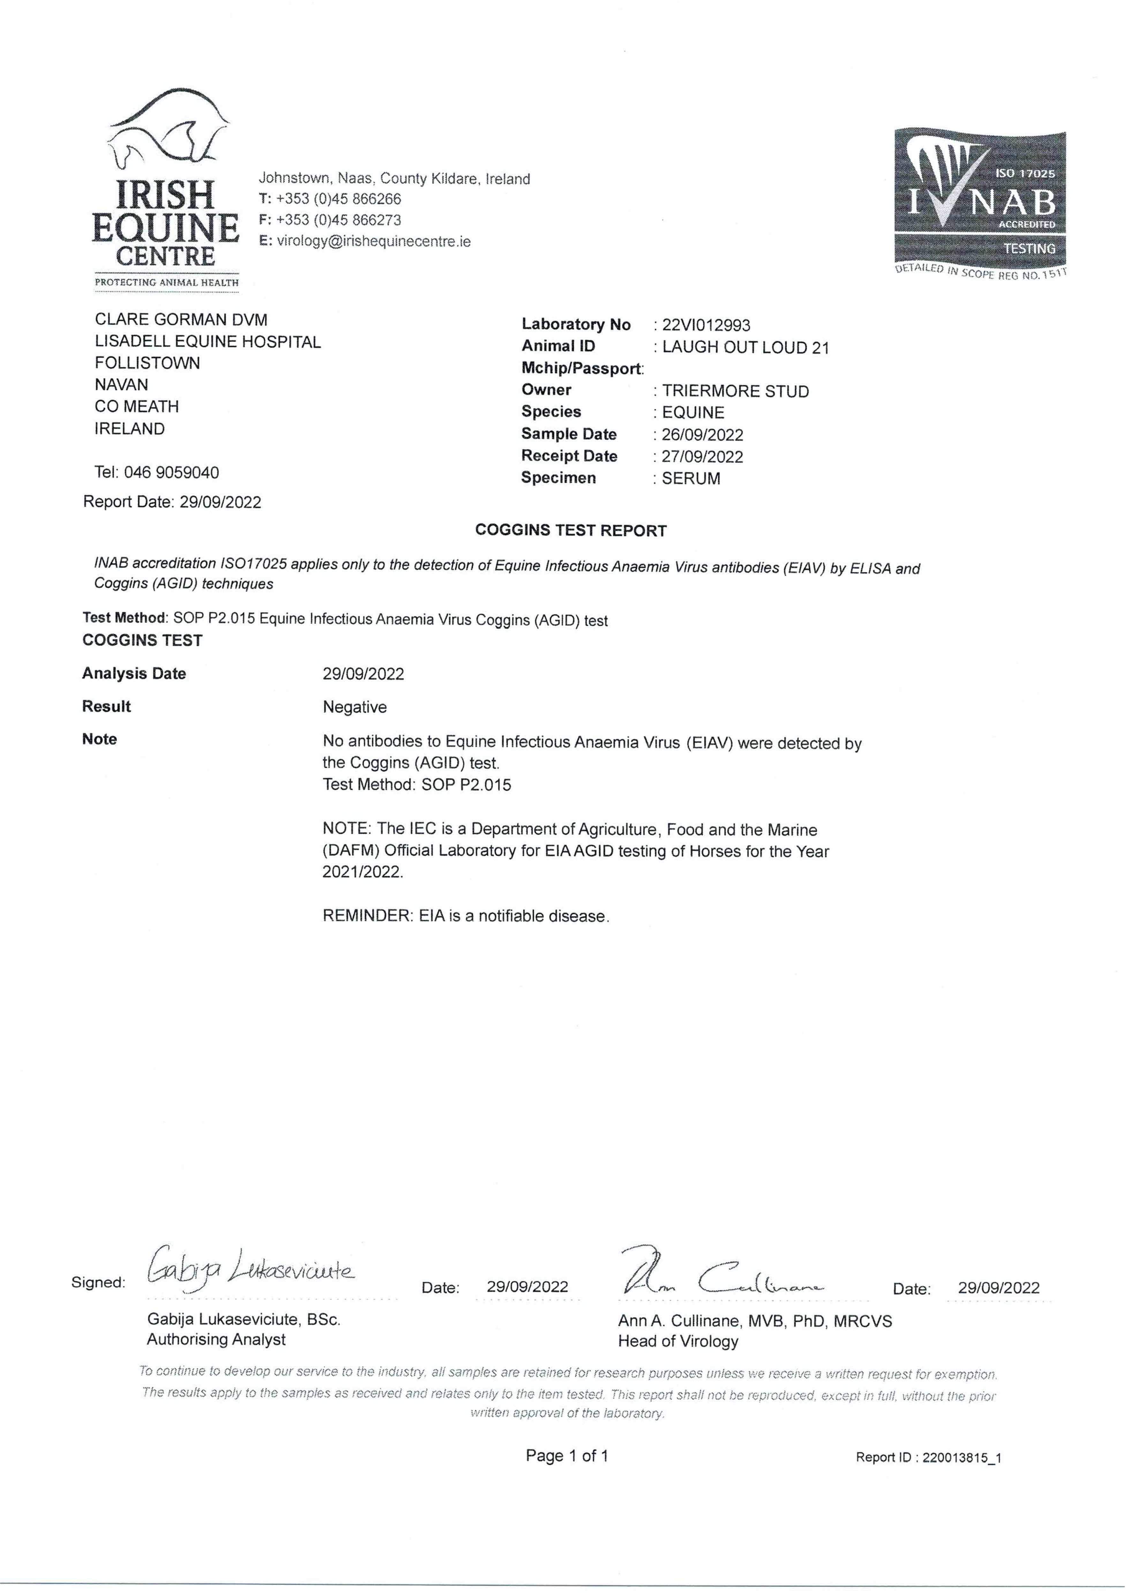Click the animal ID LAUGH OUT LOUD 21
pyautogui.click(x=745, y=348)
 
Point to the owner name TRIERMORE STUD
pyautogui.click(x=735, y=391)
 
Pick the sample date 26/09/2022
pyautogui.click(x=702, y=435)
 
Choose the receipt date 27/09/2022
pyautogui.click(x=702, y=457)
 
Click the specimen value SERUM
pyautogui.click(x=691, y=478)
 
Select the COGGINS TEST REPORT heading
pyautogui.click(x=571, y=531)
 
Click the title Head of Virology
pyautogui.click(x=678, y=1342)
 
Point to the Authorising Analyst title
pyautogui.click(x=216, y=1339)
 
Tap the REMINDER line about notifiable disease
pyautogui.click(x=466, y=916)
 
